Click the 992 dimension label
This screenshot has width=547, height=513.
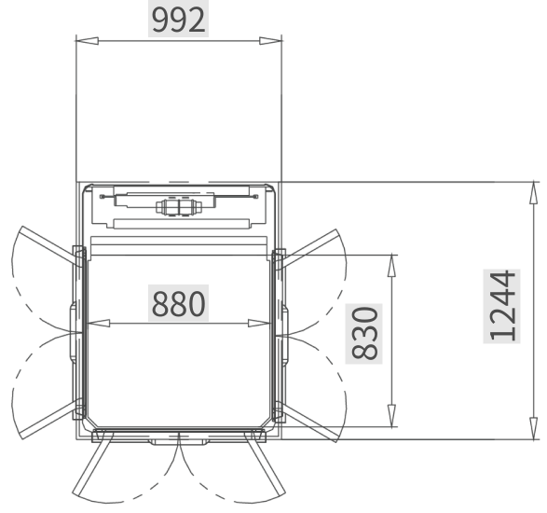(x=178, y=21)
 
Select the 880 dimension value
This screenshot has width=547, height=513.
(x=178, y=303)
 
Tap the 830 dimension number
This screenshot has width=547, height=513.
(x=364, y=333)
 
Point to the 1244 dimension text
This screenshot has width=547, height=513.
(x=502, y=306)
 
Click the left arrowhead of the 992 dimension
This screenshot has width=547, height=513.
(x=88, y=41)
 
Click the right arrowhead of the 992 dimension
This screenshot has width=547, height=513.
(x=270, y=41)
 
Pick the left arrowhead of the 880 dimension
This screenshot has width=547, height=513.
(x=98, y=324)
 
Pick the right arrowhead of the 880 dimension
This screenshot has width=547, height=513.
(x=259, y=324)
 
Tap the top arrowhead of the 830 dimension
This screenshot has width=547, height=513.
(x=392, y=266)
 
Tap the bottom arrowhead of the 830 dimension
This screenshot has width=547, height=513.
(x=392, y=416)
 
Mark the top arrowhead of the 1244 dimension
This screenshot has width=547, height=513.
(x=533, y=192)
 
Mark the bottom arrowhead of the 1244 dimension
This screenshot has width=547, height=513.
(x=533, y=428)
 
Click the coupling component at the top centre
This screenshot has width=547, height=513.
(x=179, y=207)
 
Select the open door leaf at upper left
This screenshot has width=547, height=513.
(x=51, y=245)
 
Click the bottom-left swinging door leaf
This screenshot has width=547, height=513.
(x=92, y=464)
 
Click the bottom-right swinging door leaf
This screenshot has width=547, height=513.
(x=266, y=464)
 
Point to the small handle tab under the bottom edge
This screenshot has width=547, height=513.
(x=179, y=442)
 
